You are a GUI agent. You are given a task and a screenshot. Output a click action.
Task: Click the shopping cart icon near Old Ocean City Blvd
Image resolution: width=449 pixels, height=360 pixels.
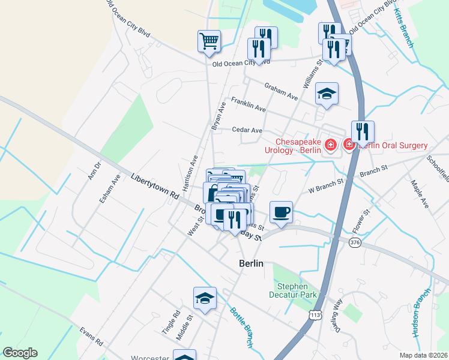point(209,41)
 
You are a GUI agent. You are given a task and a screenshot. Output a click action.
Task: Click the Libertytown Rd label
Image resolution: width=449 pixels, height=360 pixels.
point(155,186)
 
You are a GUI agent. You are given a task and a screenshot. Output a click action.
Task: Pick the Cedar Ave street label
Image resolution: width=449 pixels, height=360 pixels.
point(247,130)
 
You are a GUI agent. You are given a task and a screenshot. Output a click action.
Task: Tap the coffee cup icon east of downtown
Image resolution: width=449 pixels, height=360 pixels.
point(281,212)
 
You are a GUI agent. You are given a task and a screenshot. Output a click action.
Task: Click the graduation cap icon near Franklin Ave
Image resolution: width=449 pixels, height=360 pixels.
point(327,94)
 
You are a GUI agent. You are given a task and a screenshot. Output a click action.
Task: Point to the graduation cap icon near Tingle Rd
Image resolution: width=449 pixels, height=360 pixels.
point(205,298)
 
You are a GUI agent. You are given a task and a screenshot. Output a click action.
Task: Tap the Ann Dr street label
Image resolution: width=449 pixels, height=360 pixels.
point(94,171)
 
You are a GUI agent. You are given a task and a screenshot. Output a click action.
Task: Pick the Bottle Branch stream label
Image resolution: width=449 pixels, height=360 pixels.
point(241,327)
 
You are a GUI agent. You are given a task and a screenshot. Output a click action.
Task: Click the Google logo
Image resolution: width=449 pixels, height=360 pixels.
point(20,353)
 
